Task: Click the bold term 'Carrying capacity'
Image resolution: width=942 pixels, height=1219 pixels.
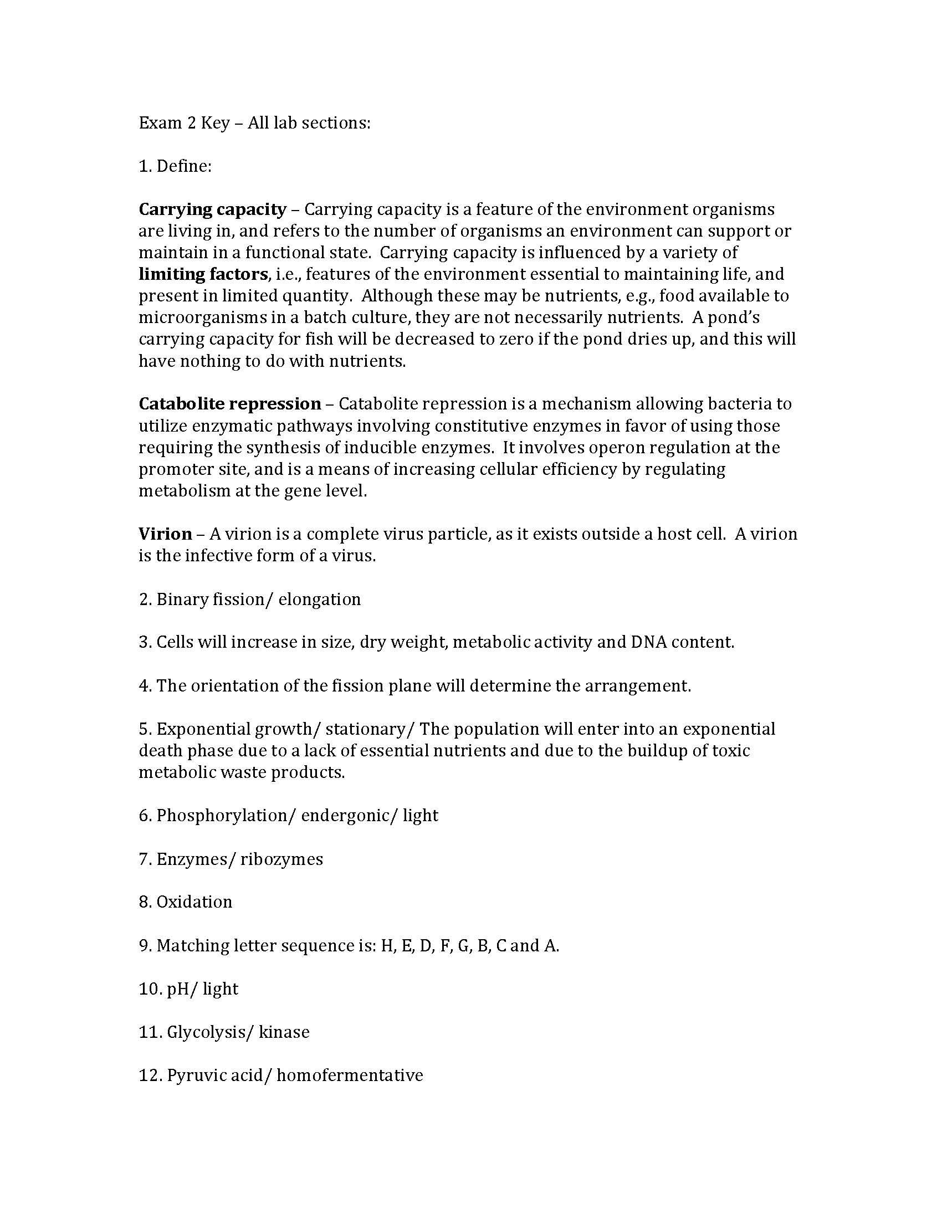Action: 212,210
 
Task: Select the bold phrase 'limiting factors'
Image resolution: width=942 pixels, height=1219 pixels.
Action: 203,275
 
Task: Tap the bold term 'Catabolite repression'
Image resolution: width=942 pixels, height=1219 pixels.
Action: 229,404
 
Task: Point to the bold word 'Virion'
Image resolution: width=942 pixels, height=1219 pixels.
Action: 165,534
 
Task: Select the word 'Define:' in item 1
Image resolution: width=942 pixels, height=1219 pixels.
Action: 183,166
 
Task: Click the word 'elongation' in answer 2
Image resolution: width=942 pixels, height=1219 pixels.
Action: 319,600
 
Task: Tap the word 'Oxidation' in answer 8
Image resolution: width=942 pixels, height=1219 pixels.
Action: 193,902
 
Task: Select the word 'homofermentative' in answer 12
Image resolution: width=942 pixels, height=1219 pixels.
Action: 349,1075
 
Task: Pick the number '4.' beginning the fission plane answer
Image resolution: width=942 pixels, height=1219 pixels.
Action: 145,686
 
